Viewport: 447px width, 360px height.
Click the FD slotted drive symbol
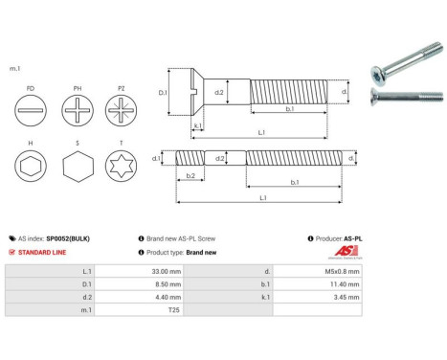pyautogui.click(x=33, y=110)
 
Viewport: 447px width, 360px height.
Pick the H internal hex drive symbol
pyautogui.click(x=33, y=169)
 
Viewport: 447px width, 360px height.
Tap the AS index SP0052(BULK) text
pyautogui.click(x=57, y=238)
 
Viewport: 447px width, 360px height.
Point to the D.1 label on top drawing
pyautogui.click(x=163, y=93)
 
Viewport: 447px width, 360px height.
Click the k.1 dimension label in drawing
pyautogui.click(x=196, y=125)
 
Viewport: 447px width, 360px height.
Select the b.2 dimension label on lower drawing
pyautogui.click(x=190, y=176)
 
